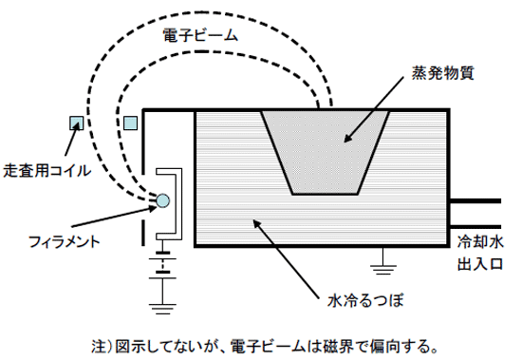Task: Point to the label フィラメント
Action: pos(64,241)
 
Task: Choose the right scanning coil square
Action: pos(131,123)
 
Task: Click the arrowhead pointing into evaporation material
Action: pos(343,142)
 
